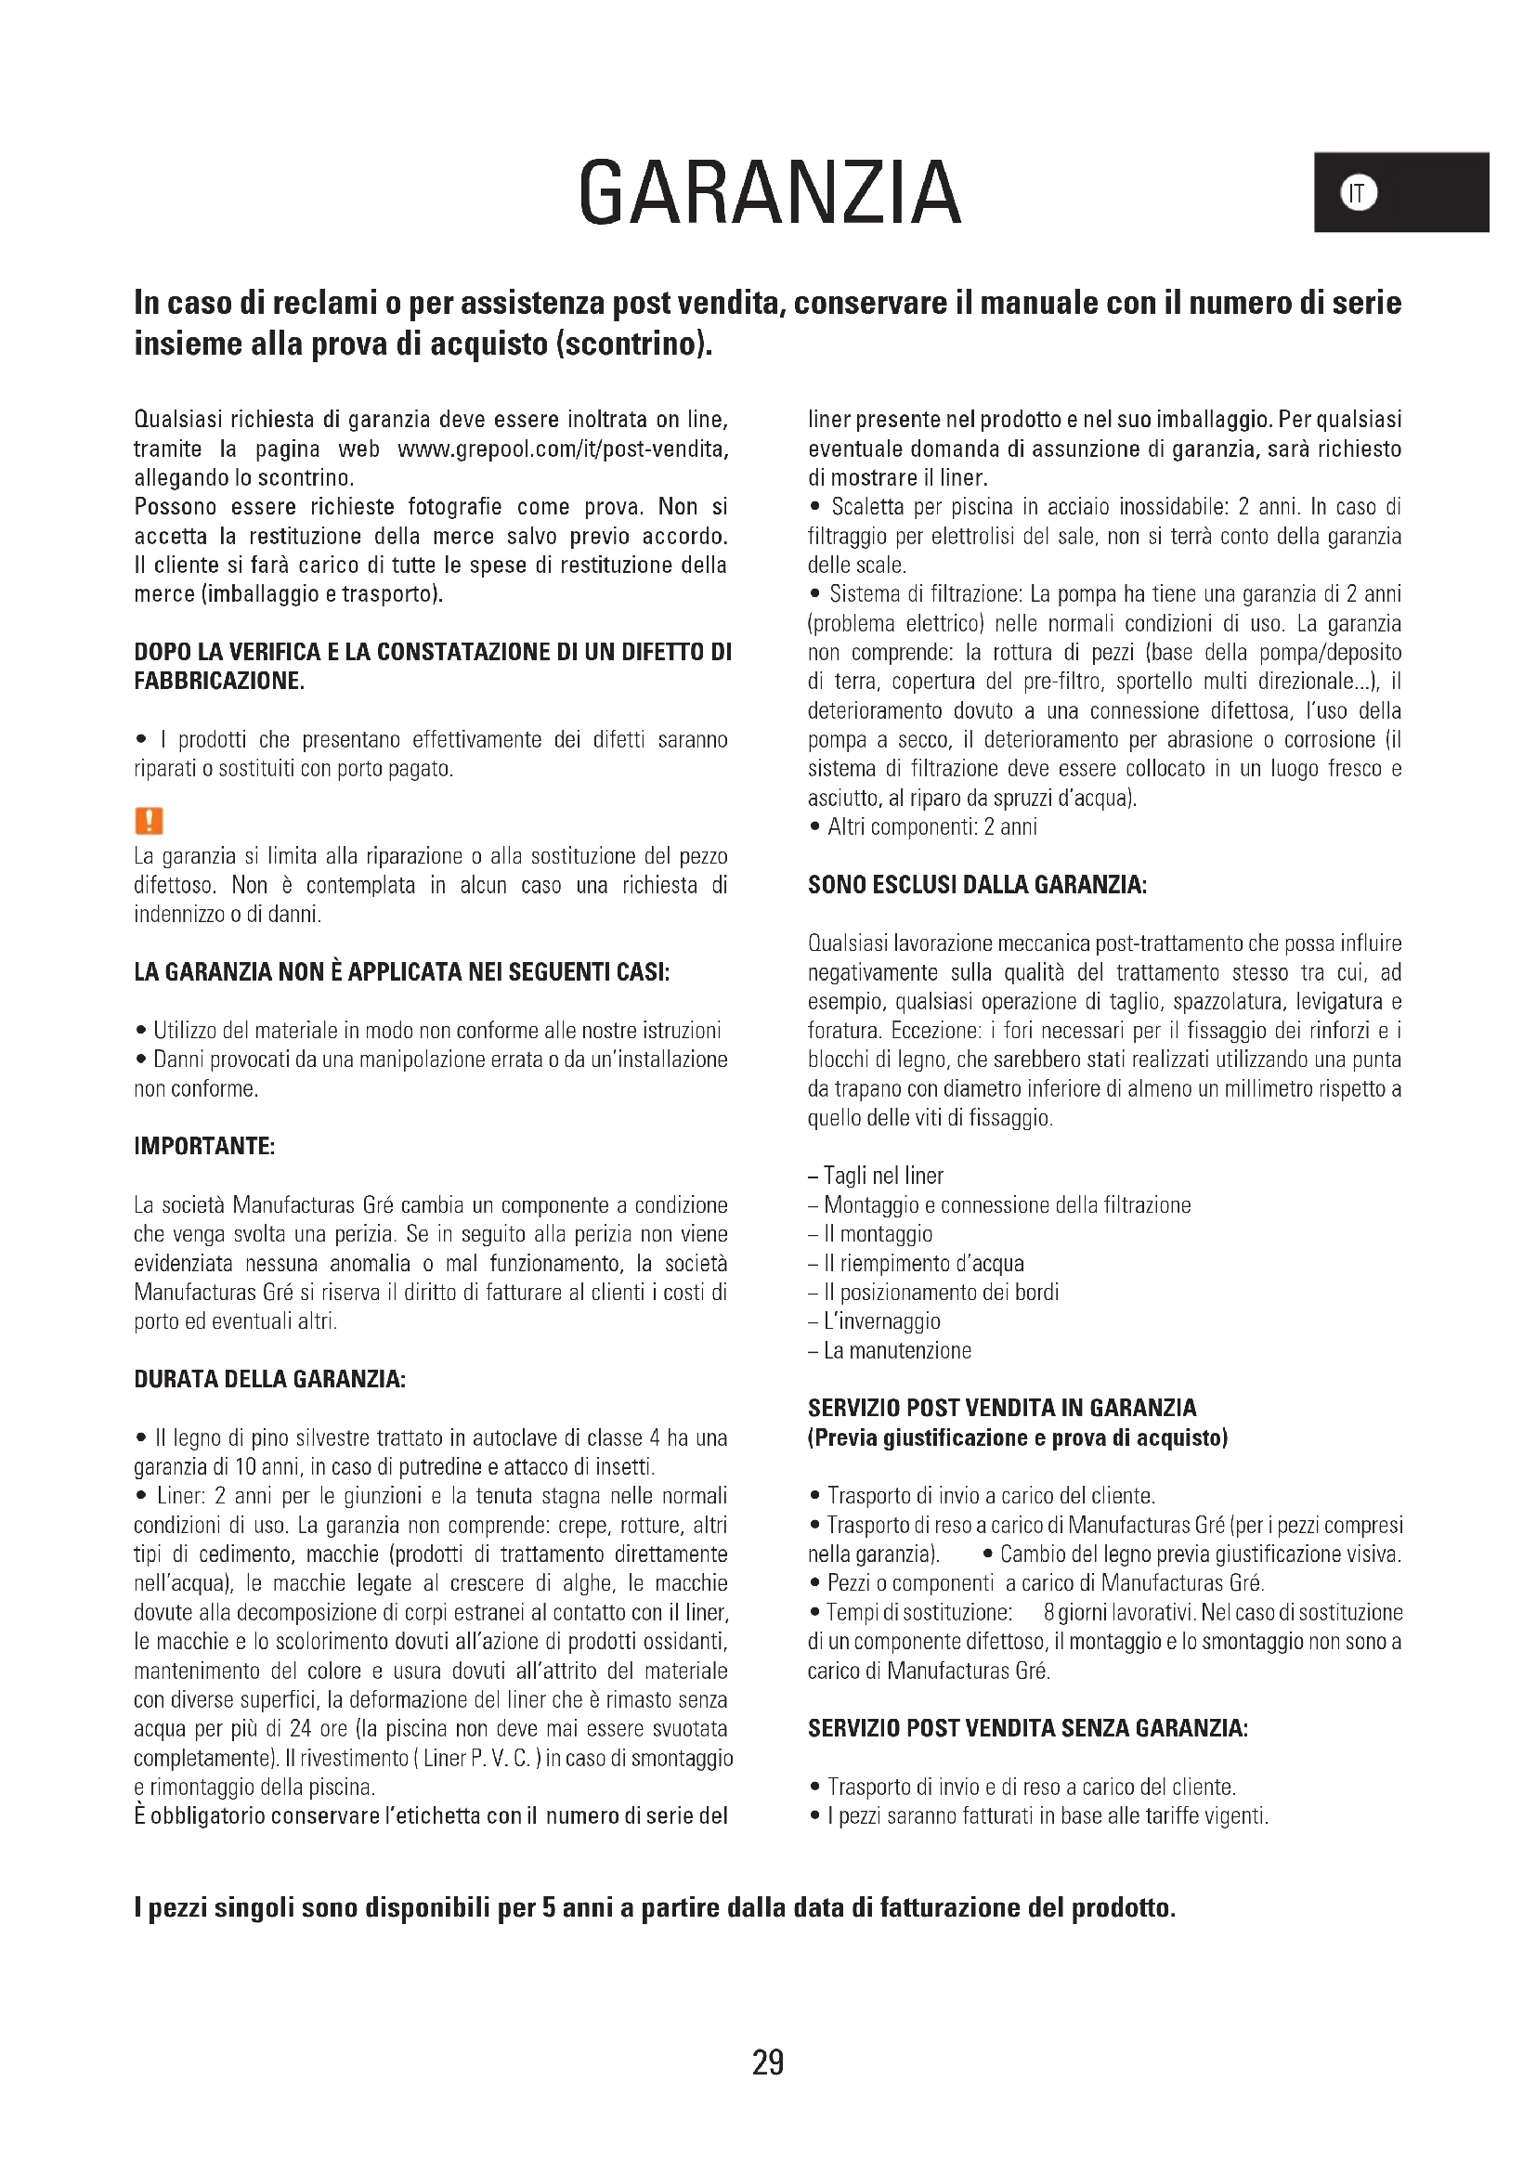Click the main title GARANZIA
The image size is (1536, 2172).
click(769, 193)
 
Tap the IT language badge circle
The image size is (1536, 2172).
click(1359, 193)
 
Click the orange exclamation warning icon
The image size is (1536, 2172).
click(149, 820)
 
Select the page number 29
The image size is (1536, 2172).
click(767, 2062)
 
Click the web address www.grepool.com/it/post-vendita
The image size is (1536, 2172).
click(563, 449)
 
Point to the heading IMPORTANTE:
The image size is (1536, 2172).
click(204, 1147)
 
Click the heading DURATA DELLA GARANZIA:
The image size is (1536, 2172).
click(269, 1379)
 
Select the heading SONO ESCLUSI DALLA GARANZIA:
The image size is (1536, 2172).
click(976, 886)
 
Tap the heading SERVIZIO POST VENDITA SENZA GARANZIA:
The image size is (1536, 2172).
click(1027, 1729)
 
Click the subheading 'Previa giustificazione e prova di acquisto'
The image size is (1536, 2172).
click(1018, 1437)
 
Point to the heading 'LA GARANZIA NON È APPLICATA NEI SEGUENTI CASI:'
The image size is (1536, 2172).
click(402, 972)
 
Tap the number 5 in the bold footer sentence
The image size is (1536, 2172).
click(549, 1908)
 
